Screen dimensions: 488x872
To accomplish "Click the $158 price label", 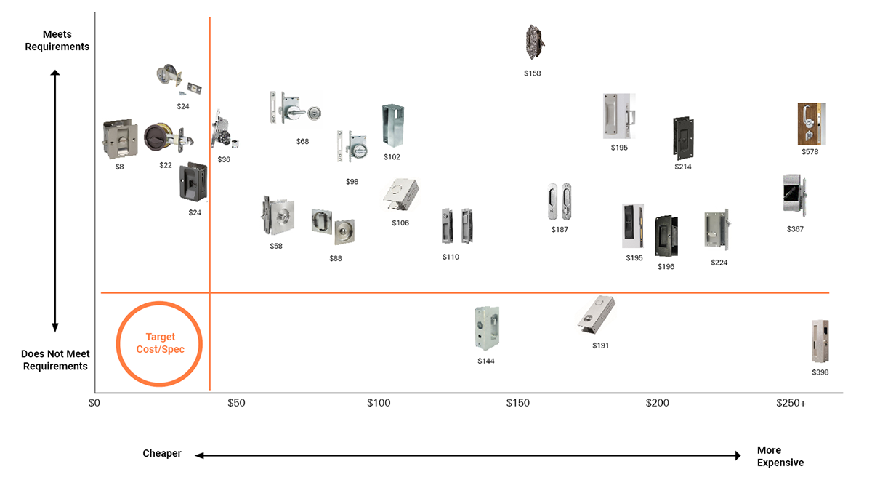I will tap(533, 73).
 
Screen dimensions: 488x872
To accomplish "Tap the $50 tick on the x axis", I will tap(236, 403).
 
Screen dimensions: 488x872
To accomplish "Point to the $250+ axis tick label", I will tap(791, 403).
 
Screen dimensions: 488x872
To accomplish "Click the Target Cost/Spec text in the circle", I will tap(160, 343).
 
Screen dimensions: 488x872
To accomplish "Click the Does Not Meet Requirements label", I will tap(55, 360).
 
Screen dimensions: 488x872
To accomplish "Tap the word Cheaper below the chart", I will tap(162, 454).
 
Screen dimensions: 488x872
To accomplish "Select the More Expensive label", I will tap(780, 456).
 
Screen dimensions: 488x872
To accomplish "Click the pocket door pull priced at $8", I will tap(120, 139).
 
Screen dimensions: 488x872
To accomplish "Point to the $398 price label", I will tap(820, 372).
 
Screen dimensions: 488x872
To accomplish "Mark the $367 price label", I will tap(796, 229).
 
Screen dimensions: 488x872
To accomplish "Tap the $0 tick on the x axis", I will tap(94, 403).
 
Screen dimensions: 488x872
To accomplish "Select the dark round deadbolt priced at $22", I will tap(161, 138).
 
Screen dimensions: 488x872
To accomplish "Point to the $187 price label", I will tap(560, 230).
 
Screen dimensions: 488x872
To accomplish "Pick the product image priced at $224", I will tap(716, 229).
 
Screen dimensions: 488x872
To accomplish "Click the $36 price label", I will tap(224, 159).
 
